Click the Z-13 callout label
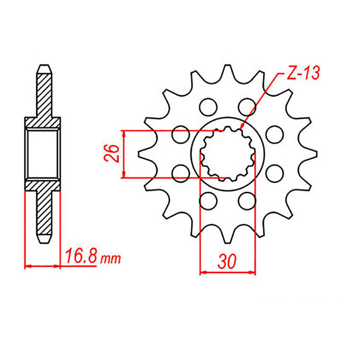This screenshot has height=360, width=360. click(x=303, y=73)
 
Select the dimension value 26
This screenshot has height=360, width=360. click(x=112, y=153)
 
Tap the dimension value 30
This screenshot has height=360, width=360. click(x=227, y=261)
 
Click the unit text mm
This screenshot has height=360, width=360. click(x=110, y=259)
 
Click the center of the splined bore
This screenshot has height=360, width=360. click(x=228, y=154)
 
